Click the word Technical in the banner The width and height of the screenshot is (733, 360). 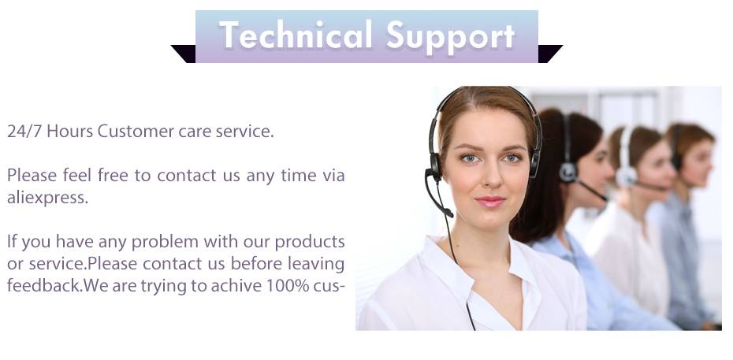[x=296, y=35]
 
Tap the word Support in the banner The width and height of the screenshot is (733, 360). [x=451, y=37]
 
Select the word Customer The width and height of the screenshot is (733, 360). [x=136, y=132]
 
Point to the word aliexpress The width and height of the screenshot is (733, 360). [x=47, y=198]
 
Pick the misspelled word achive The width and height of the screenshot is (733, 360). [x=236, y=286]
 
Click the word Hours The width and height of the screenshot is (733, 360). [x=69, y=132]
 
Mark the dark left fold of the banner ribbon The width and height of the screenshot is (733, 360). [x=183, y=54]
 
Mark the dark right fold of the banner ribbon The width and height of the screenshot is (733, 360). [x=550, y=54]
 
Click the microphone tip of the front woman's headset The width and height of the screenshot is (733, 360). [x=448, y=213]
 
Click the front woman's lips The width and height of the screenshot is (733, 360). [x=490, y=202]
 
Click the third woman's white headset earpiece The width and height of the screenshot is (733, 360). [x=626, y=176]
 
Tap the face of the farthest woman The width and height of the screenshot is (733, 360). [x=698, y=163]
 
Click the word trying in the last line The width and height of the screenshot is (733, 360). [x=164, y=286]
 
